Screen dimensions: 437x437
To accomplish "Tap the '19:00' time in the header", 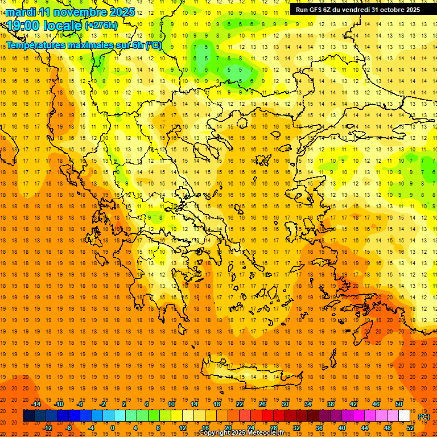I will [23, 26].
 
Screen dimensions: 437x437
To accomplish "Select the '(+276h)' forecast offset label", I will [101, 26].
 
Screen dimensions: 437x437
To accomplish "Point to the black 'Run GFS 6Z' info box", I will [357, 10].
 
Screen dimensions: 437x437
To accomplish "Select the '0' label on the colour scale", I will [113, 428].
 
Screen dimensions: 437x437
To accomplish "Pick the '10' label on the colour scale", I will [171, 404].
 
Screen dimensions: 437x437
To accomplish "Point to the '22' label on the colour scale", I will [240, 404].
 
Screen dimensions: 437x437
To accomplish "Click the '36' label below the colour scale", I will [319, 428].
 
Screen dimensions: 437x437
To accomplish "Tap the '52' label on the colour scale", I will [410, 428].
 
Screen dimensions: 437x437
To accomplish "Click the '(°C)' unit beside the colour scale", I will [424, 417].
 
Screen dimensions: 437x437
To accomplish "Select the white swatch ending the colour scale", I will [404, 416].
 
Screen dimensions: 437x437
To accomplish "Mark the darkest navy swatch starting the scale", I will [28, 416].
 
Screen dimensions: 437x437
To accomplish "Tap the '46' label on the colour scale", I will [376, 404].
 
